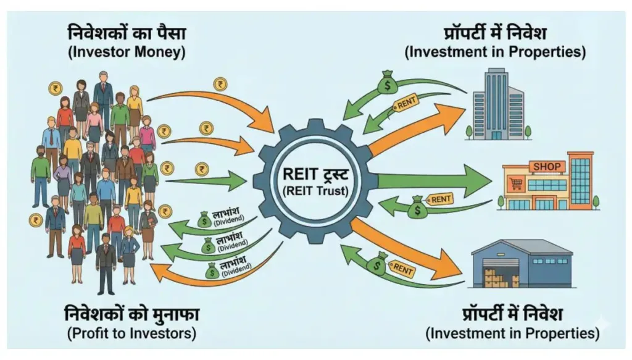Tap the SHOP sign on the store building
(x=547, y=167)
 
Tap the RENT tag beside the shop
(x=441, y=199)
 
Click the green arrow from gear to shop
(x=432, y=180)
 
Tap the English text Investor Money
(x=127, y=52)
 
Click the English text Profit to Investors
(x=131, y=334)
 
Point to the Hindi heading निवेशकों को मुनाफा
(x=131, y=314)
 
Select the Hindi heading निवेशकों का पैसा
(x=127, y=31)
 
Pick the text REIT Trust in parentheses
(x=316, y=191)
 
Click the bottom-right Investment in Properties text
(x=512, y=334)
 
